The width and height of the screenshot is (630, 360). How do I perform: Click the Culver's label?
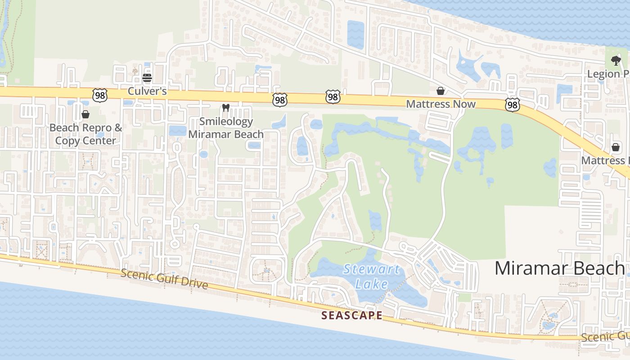coord(147,91)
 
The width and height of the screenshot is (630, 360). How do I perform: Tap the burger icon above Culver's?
coord(147,78)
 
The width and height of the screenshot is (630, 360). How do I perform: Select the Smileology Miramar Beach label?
coord(226,128)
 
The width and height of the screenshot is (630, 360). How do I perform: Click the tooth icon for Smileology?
coord(226,108)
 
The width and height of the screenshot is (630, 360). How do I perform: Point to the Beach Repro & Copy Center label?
coord(85,134)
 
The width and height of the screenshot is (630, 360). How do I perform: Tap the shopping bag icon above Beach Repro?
coord(85,114)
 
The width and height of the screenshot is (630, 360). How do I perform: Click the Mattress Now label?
coord(441,104)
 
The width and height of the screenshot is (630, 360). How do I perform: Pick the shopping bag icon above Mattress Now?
coord(441,91)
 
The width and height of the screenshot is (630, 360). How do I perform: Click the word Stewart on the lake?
coord(365,270)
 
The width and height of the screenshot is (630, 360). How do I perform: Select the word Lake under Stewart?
coord(371,284)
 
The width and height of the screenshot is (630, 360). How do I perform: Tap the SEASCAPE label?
coord(352,315)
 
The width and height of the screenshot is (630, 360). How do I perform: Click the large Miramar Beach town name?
coord(559,268)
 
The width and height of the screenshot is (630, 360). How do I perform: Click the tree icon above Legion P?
coord(615,60)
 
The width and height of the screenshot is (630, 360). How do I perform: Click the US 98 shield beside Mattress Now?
coord(512,105)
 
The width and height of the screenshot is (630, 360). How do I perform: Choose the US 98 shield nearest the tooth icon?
coord(280,100)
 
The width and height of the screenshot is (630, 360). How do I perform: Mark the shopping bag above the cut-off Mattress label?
coord(615,147)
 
